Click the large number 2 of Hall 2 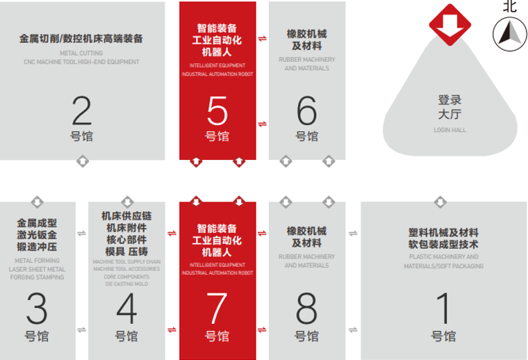pyautogui.click(x=82, y=111)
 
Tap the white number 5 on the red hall pyautogui.click(x=217, y=111)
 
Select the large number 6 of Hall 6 pyautogui.click(x=306, y=111)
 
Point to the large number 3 pyautogui.click(x=37, y=308)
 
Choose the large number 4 pyautogui.click(x=126, y=308)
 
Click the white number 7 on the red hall pyautogui.click(x=217, y=308)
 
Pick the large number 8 pyautogui.click(x=306, y=308)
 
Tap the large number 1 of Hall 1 pyautogui.click(x=444, y=308)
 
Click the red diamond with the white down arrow pyautogui.click(x=450, y=25)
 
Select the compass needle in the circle pyautogui.click(x=509, y=33)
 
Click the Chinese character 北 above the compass pyautogui.click(x=509, y=6)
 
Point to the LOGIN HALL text pyautogui.click(x=450, y=130)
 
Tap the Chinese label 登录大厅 pyautogui.click(x=450, y=107)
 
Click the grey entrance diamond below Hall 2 pyautogui.click(x=83, y=161)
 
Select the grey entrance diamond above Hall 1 pyautogui.click(x=440, y=202)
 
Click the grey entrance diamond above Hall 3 pyautogui.click(x=37, y=202)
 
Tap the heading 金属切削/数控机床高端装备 pyautogui.click(x=81, y=38)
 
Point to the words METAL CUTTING pyautogui.click(x=81, y=54)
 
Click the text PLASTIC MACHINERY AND pyautogui.click(x=444, y=256)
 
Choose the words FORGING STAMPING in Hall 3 pyautogui.click(x=37, y=277)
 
